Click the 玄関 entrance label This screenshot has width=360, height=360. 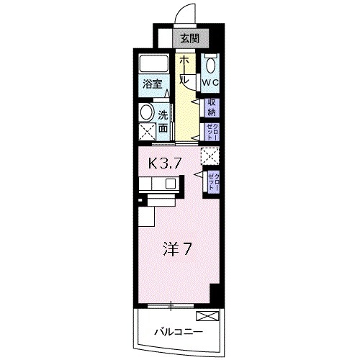tap(189, 39)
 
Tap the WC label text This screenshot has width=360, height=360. tap(210, 83)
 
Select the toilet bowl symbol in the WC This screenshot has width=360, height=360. tap(211, 63)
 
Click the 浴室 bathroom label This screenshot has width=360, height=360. tap(151, 83)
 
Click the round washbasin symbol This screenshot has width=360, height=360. tap(147, 112)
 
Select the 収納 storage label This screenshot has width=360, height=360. tap(211, 107)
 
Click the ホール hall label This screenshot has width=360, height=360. tap(185, 70)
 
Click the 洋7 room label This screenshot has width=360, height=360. tap(176, 251)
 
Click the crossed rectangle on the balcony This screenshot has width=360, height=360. tap(207, 315)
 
